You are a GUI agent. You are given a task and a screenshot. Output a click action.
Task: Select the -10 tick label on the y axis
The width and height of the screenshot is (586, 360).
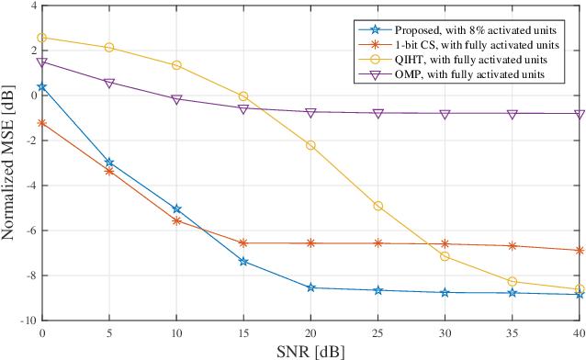click(28, 321)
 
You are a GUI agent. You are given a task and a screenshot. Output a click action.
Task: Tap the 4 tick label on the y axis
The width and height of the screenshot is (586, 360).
click(33, 6)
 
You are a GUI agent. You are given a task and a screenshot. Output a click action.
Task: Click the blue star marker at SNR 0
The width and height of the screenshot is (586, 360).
click(42, 87)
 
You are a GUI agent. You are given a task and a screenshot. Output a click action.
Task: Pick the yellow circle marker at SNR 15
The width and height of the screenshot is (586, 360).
click(243, 96)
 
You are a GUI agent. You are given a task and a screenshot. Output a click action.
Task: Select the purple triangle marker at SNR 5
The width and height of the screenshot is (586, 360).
click(109, 83)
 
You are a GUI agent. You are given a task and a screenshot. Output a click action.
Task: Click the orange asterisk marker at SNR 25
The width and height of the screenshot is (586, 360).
click(378, 242)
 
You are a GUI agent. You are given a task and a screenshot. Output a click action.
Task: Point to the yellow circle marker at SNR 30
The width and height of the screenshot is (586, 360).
click(445, 256)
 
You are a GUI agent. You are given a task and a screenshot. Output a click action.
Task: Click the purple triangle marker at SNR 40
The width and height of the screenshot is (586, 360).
click(580, 114)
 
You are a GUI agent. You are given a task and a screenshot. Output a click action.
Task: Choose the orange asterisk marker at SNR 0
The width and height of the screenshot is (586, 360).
click(42, 122)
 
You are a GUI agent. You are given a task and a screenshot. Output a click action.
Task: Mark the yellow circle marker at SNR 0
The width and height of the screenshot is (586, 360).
click(42, 38)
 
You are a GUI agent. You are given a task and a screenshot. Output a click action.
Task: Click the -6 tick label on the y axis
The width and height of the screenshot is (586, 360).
click(30, 231)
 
